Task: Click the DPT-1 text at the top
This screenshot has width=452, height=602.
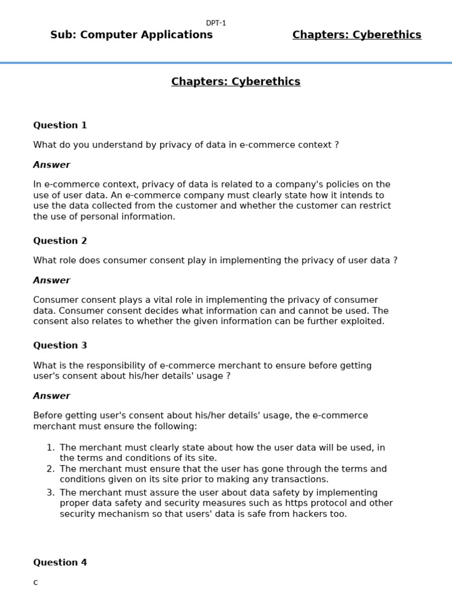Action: click(x=216, y=23)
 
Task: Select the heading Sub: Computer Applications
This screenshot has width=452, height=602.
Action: click(x=131, y=35)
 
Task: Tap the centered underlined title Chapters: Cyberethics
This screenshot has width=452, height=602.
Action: click(x=235, y=82)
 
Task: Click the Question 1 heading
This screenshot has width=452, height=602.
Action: click(x=60, y=125)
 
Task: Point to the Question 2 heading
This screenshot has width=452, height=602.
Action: click(x=60, y=240)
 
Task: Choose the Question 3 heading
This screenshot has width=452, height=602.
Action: click(x=60, y=345)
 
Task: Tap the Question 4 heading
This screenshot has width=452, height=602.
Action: click(x=60, y=563)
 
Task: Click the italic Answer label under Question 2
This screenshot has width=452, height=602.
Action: click(x=51, y=280)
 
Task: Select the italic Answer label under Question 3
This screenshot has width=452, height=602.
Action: click(x=51, y=396)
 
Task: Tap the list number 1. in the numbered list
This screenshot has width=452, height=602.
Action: click(x=51, y=447)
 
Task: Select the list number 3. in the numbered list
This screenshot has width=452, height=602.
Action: click(x=51, y=493)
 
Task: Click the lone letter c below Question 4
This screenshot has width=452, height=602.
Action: click(x=35, y=583)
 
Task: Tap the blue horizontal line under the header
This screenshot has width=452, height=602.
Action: click(x=226, y=62)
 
